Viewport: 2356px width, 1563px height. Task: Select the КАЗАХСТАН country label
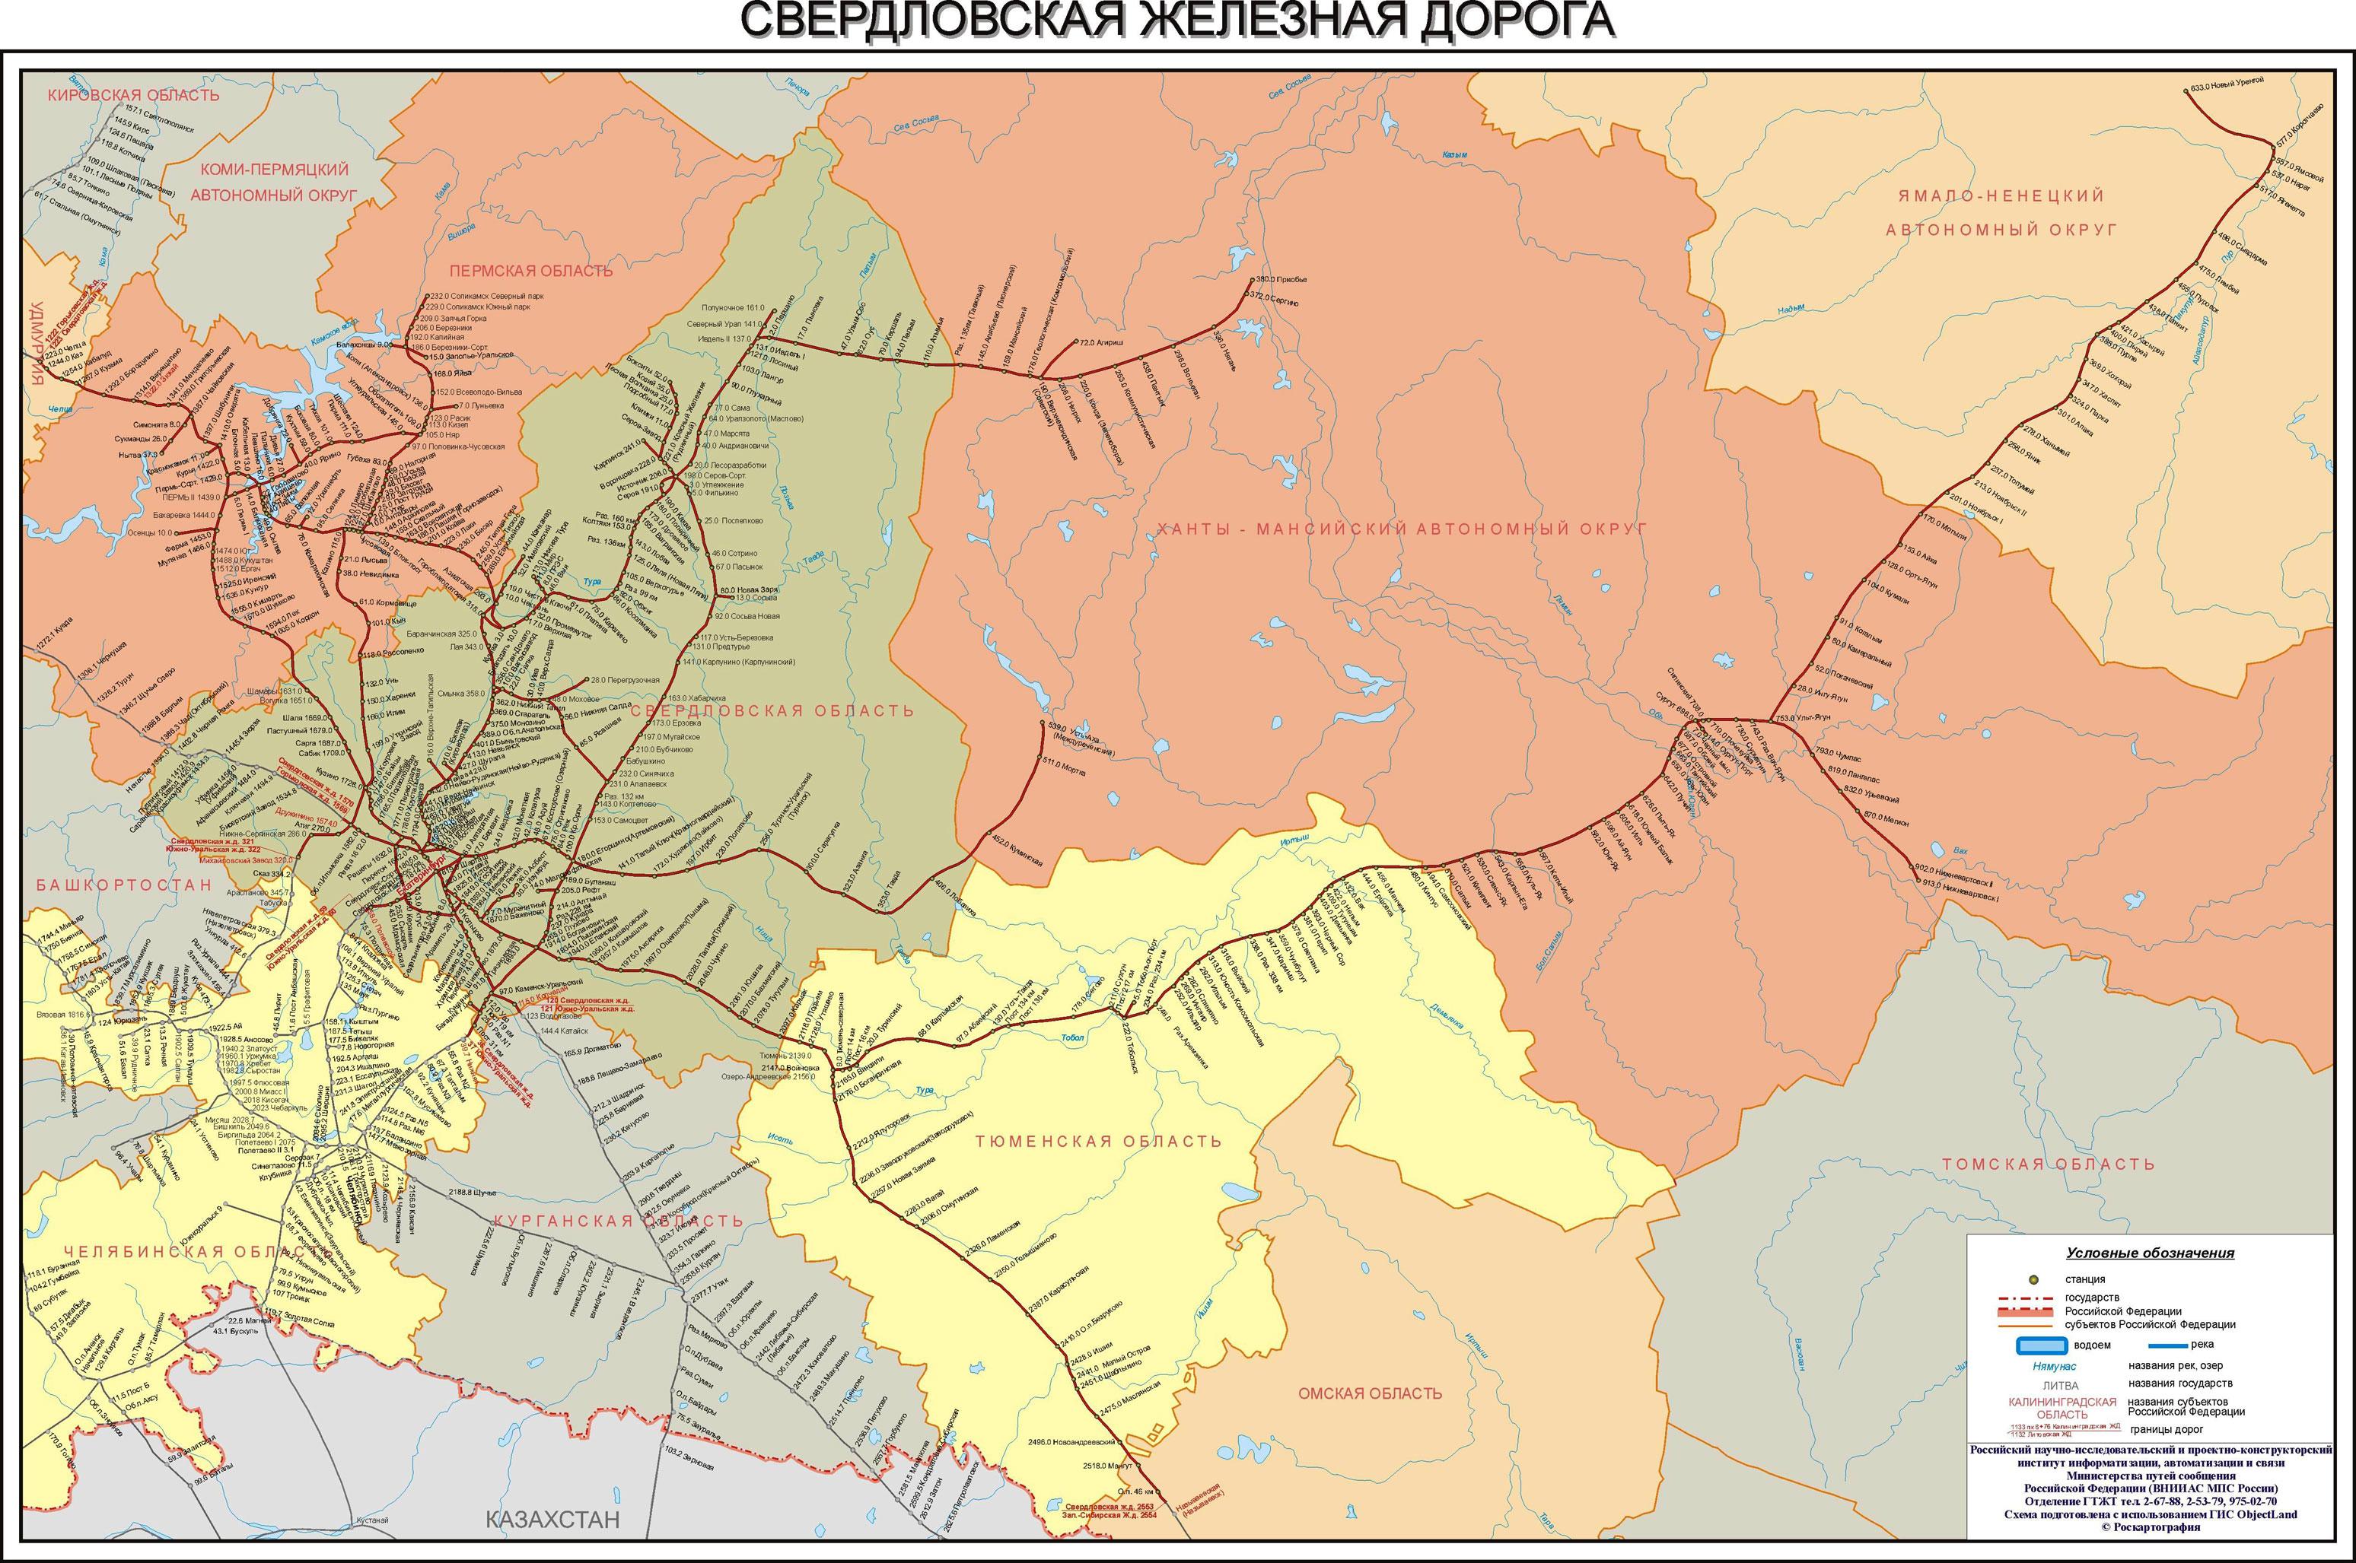(x=552, y=1518)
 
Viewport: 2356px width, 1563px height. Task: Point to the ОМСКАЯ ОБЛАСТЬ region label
(x=1369, y=1393)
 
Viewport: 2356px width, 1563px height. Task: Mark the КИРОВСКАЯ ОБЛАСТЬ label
(x=134, y=95)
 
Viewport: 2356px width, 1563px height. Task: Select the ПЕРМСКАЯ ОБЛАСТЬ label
(x=530, y=270)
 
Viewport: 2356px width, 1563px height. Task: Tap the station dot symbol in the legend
(x=2034, y=1279)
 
